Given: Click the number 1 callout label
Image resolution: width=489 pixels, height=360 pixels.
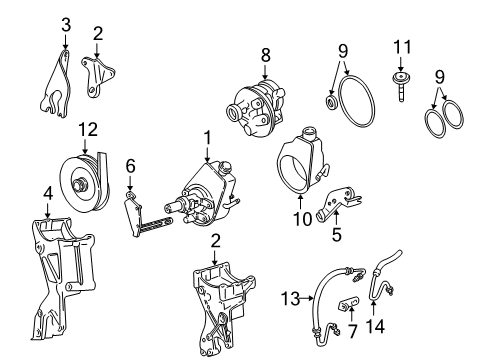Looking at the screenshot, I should point(207,135).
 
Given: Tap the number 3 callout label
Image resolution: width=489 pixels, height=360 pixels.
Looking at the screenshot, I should point(65,23).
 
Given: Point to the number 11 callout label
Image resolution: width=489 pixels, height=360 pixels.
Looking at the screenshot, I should point(403,47).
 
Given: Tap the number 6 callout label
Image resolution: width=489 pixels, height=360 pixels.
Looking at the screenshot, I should point(130,165).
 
